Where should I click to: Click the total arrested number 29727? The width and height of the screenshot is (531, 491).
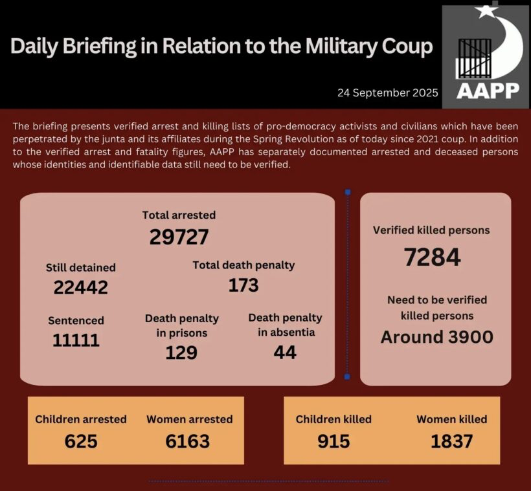pyautogui.click(x=179, y=237)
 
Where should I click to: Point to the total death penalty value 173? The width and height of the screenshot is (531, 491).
pyautogui.click(x=243, y=285)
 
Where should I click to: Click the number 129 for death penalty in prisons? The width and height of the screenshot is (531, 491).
pyautogui.click(x=181, y=353)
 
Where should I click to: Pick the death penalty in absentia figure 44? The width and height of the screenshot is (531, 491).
pyautogui.click(x=285, y=352)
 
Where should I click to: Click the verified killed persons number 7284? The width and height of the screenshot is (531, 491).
pyautogui.click(x=432, y=257)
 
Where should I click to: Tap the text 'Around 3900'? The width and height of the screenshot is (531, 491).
pyautogui.click(x=436, y=337)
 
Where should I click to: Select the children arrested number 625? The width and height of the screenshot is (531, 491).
pyautogui.click(x=81, y=441)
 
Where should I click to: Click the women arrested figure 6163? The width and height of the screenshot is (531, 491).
pyautogui.click(x=188, y=441)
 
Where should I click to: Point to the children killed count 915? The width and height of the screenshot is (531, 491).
pyautogui.click(x=333, y=441)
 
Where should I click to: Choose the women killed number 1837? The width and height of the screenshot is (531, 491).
pyautogui.click(x=451, y=441)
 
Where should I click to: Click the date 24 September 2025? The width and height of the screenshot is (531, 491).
pyautogui.click(x=388, y=93)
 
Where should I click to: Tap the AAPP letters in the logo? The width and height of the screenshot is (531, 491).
pyautogui.click(x=488, y=90)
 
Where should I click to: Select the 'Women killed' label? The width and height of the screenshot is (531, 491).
pyautogui.click(x=451, y=419)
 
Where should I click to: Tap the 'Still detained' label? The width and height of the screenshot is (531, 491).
pyautogui.click(x=80, y=267)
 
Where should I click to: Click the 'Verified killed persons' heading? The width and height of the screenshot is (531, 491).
pyautogui.click(x=431, y=230)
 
